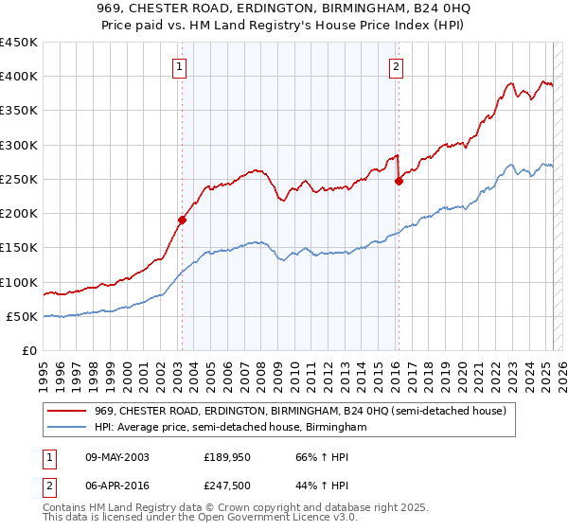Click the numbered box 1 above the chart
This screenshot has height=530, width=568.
(180, 65)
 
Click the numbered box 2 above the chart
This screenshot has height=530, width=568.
(396, 65)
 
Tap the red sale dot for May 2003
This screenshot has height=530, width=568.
(182, 220)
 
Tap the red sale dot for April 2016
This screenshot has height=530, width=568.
(399, 181)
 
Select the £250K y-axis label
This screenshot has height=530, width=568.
(19, 179)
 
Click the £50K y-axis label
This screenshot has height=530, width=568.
(23, 316)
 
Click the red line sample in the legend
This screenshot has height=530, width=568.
(68, 411)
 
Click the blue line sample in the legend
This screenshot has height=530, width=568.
(68, 427)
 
